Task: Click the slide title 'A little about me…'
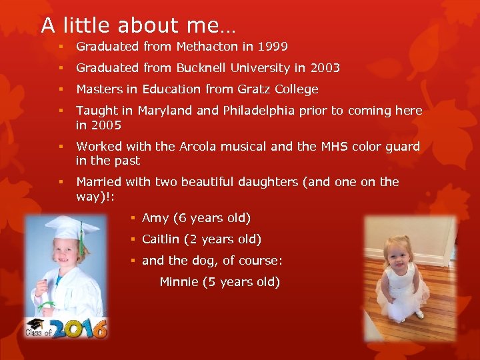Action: click(x=137, y=25)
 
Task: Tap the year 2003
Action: click(x=326, y=68)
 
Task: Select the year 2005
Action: click(x=107, y=125)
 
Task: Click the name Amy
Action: click(x=155, y=218)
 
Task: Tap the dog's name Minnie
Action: click(x=179, y=282)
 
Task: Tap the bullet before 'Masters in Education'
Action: click(x=60, y=89)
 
